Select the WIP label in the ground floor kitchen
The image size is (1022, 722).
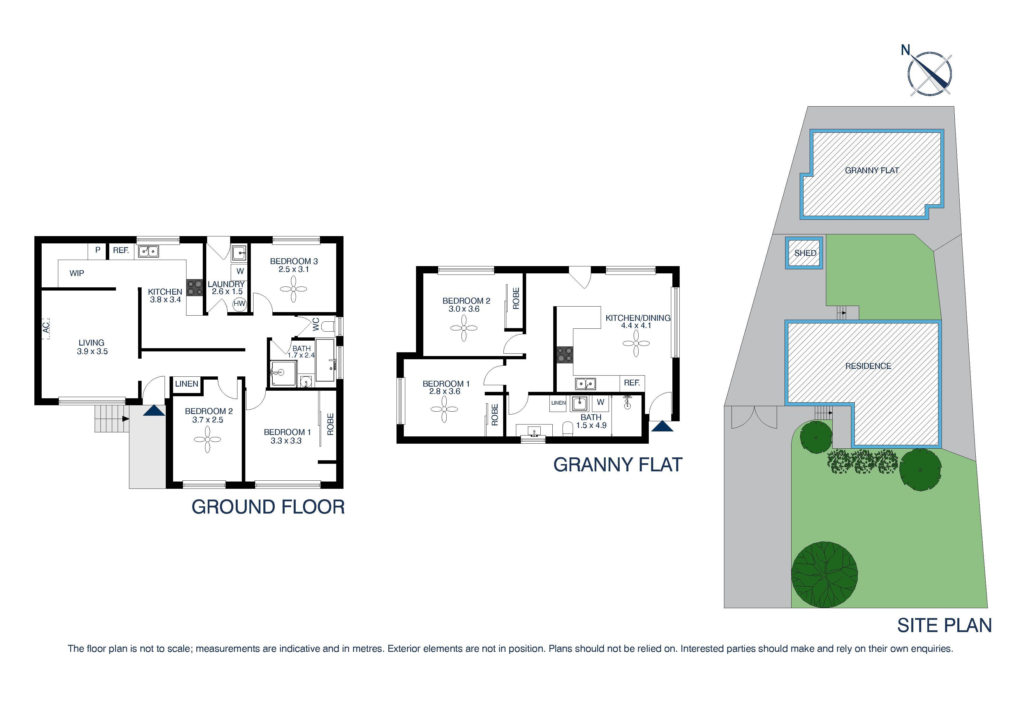tap(77, 273)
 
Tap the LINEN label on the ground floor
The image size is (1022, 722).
tap(186, 383)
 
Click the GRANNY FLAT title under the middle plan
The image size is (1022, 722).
tap(617, 465)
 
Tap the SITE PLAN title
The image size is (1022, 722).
tap(944, 625)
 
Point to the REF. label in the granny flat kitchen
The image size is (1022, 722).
tap(632, 383)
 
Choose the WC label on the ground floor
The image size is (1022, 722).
tap(316, 324)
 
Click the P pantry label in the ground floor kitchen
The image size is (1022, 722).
tap(98, 250)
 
